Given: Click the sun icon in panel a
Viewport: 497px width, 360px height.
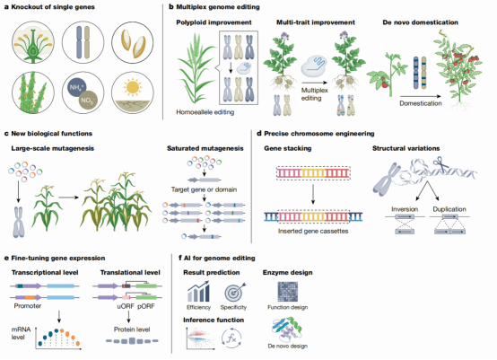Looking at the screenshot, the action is coord(133,87).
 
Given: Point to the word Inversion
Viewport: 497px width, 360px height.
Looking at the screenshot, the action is coord(405,209).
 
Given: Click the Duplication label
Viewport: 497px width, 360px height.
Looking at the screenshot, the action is coord(449,209).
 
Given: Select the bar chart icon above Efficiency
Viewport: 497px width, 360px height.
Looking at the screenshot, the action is coord(198,292).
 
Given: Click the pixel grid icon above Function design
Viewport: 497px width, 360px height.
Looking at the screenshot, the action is coord(287,292).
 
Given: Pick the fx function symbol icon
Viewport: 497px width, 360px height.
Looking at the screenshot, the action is coord(231,338).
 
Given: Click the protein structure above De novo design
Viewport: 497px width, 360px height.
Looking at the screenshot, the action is coord(287,329).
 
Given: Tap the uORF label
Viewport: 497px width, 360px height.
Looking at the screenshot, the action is coord(126,306).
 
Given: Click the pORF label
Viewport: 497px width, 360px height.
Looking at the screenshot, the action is coord(146,306).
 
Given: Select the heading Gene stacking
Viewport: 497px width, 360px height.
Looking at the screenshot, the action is coord(288,148).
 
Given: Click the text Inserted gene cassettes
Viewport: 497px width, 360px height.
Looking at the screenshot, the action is coord(313,232).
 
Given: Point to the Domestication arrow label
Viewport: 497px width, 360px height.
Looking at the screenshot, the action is coord(420,103).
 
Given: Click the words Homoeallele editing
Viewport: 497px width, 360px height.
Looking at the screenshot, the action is coord(205,112).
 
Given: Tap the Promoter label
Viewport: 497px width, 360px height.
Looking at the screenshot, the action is coord(28,306).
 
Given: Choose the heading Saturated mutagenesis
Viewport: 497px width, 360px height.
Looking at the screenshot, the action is coord(205,148).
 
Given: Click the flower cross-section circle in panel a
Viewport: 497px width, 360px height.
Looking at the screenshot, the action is coord(33,42).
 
